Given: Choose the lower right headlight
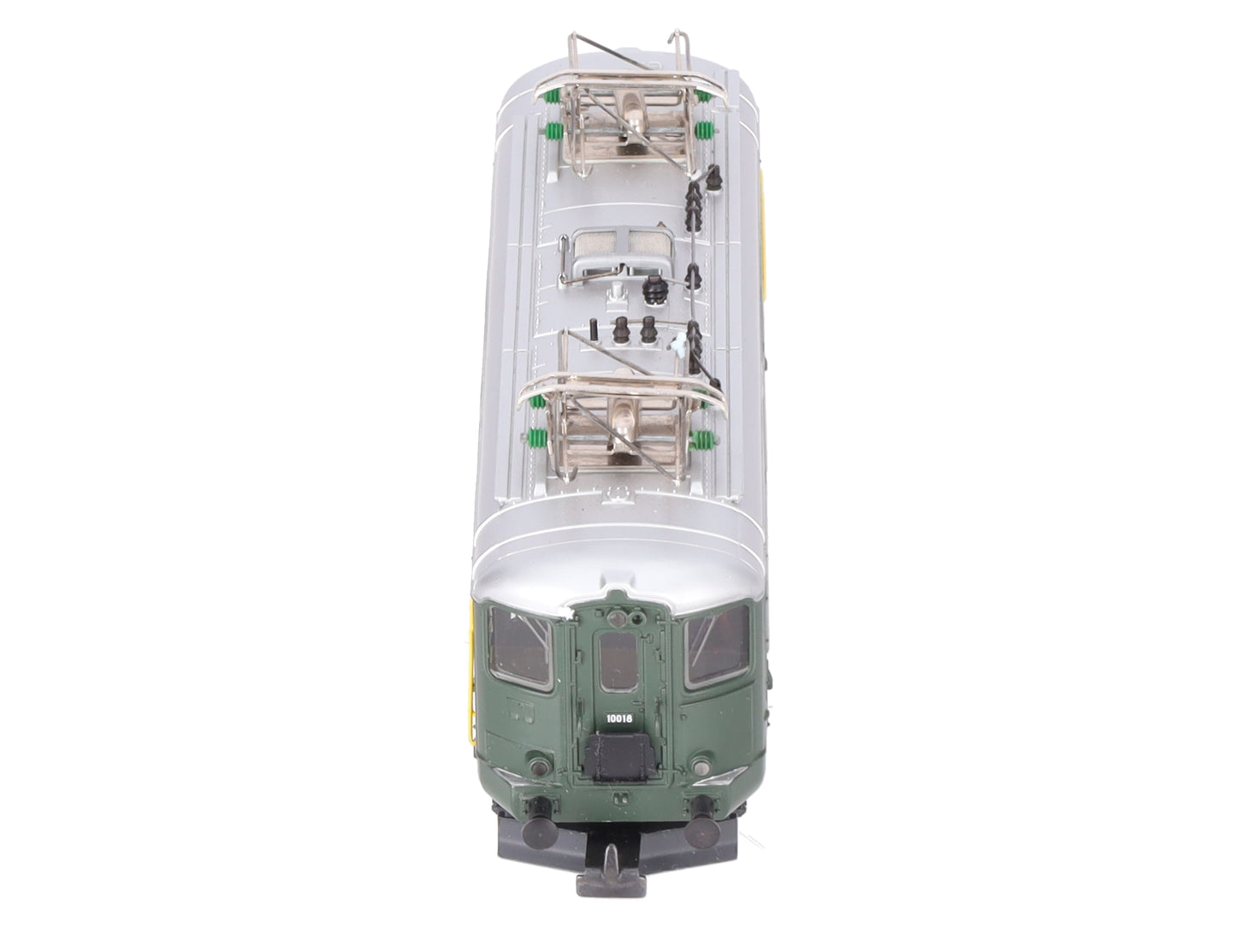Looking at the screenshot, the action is pyautogui.click(x=700, y=766).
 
